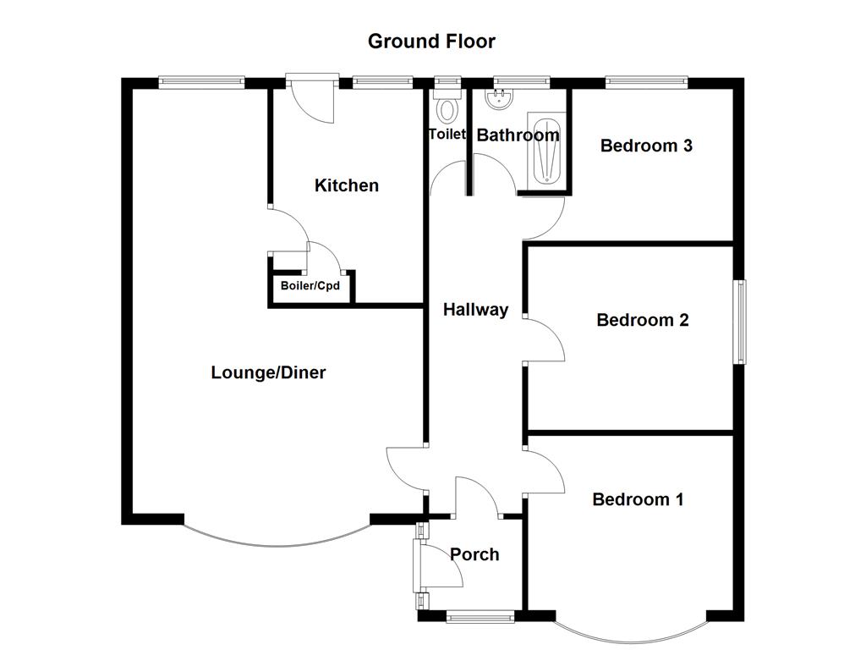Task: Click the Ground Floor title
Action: click(x=431, y=41)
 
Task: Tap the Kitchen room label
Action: click(x=347, y=185)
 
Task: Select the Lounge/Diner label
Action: click(x=268, y=372)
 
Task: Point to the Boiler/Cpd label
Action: click(x=310, y=286)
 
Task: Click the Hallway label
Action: click(x=475, y=310)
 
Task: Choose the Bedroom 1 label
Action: click(x=638, y=499)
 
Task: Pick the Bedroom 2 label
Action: click(x=643, y=320)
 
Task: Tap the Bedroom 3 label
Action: click(x=646, y=146)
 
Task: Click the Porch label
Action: click(x=474, y=554)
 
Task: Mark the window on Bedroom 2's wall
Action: click(x=739, y=322)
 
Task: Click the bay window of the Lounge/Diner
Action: click(x=277, y=545)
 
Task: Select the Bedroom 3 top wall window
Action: click(x=647, y=82)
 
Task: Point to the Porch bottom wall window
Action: click(x=480, y=616)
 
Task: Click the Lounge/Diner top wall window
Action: click(x=201, y=82)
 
